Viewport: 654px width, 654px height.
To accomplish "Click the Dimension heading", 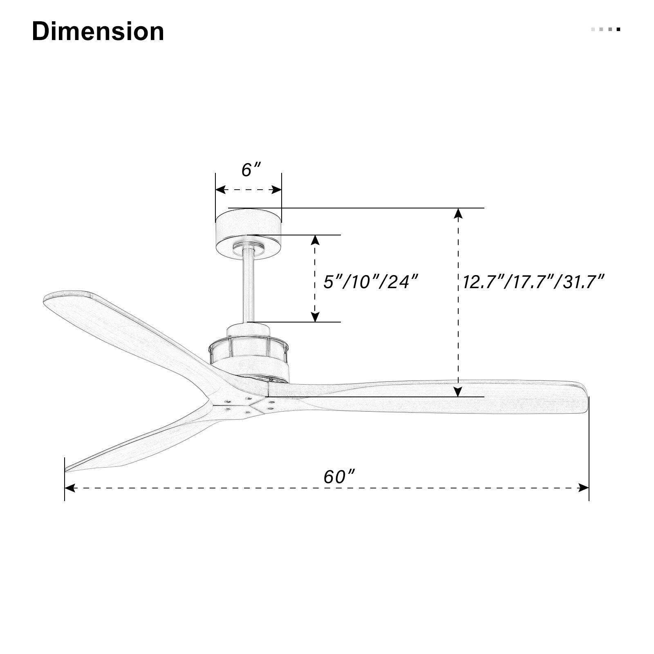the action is click(x=98, y=31).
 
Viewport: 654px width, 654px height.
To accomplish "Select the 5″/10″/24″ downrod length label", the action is click(x=371, y=282).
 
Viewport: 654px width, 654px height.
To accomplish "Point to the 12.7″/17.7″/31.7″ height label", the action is click(x=533, y=282).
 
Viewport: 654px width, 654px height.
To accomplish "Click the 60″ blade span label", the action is click(x=339, y=477).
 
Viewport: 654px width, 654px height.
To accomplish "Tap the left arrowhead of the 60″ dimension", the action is click(x=70, y=488).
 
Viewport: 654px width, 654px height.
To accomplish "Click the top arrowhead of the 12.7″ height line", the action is click(x=459, y=213).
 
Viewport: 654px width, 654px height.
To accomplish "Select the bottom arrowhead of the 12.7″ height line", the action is click(x=459, y=391).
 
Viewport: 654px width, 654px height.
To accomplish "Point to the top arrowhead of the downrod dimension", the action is click(x=315, y=240).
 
